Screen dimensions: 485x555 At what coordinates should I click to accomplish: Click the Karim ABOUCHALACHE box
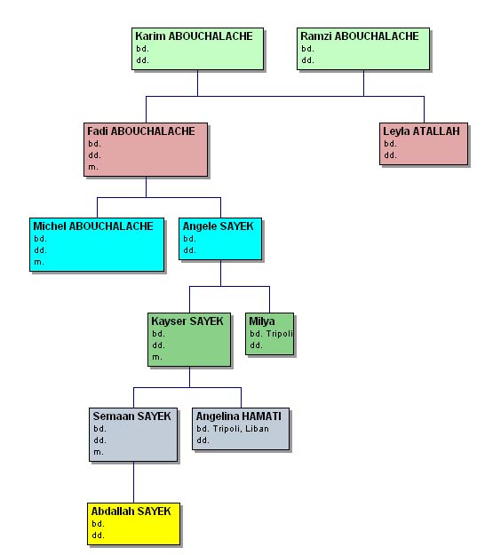pyautogui.click(x=197, y=49)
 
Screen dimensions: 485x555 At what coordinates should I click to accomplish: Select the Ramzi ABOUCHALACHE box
pyautogui.click(x=363, y=49)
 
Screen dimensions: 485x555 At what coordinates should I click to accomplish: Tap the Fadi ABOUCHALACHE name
pyautogui.click(x=141, y=131)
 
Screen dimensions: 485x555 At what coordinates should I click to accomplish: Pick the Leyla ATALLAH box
pyautogui.click(x=424, y=144)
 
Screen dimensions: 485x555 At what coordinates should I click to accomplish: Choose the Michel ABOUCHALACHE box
pyautogui.click(x=97, y=244)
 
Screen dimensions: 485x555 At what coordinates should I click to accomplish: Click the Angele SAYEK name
pyautogui.click(x=219, y=226)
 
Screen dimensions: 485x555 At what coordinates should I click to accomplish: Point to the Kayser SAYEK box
pyautogui.click(x=189, y=339)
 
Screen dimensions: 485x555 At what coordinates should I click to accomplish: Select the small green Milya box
pyautogui.click(x=270, y=334)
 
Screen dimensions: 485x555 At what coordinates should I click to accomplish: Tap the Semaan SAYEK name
pyautogui.click(x=131, y=416)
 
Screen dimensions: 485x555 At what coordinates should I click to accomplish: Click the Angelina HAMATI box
pyautogui.click(x=241, y=429)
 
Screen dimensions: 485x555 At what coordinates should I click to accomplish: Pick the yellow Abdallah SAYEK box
pyautogui.click(x=133, y=524)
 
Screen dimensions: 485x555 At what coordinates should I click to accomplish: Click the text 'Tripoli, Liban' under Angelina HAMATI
pyautogui.click(x=241, y=429)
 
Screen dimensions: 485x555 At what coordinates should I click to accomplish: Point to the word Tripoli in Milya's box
pyautogui.click(x=279, y=334)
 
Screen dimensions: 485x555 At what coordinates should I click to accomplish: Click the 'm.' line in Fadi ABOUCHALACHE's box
pyautogui.click(x=93, y=167)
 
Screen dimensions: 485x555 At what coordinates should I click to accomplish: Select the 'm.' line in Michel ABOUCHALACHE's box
pyautogui.click(x=39, y=262)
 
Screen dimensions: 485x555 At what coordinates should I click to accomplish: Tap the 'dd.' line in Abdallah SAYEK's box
pyautogui.click(x=98, y=535)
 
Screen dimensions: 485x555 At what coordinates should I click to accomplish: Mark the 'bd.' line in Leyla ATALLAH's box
pyautogui.click(x=390, y=144)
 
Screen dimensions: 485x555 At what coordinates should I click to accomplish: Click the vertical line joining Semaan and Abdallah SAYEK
pyautogui.click(x=133, y=482)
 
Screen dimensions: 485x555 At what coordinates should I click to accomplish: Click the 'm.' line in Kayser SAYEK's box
pyautogui.click(x=157, y=357)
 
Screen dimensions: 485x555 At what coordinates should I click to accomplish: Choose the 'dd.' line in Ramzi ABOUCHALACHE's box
pyautogui.click(x=307, y=60)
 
